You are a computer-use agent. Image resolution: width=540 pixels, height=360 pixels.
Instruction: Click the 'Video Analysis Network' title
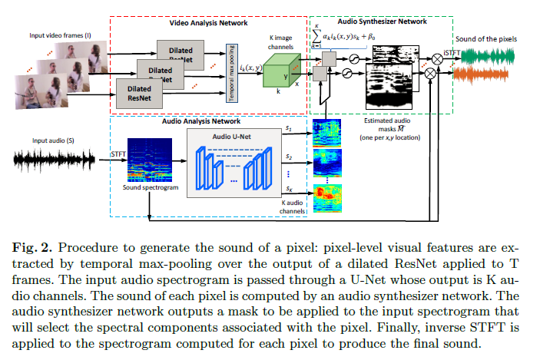click(207, 23)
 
